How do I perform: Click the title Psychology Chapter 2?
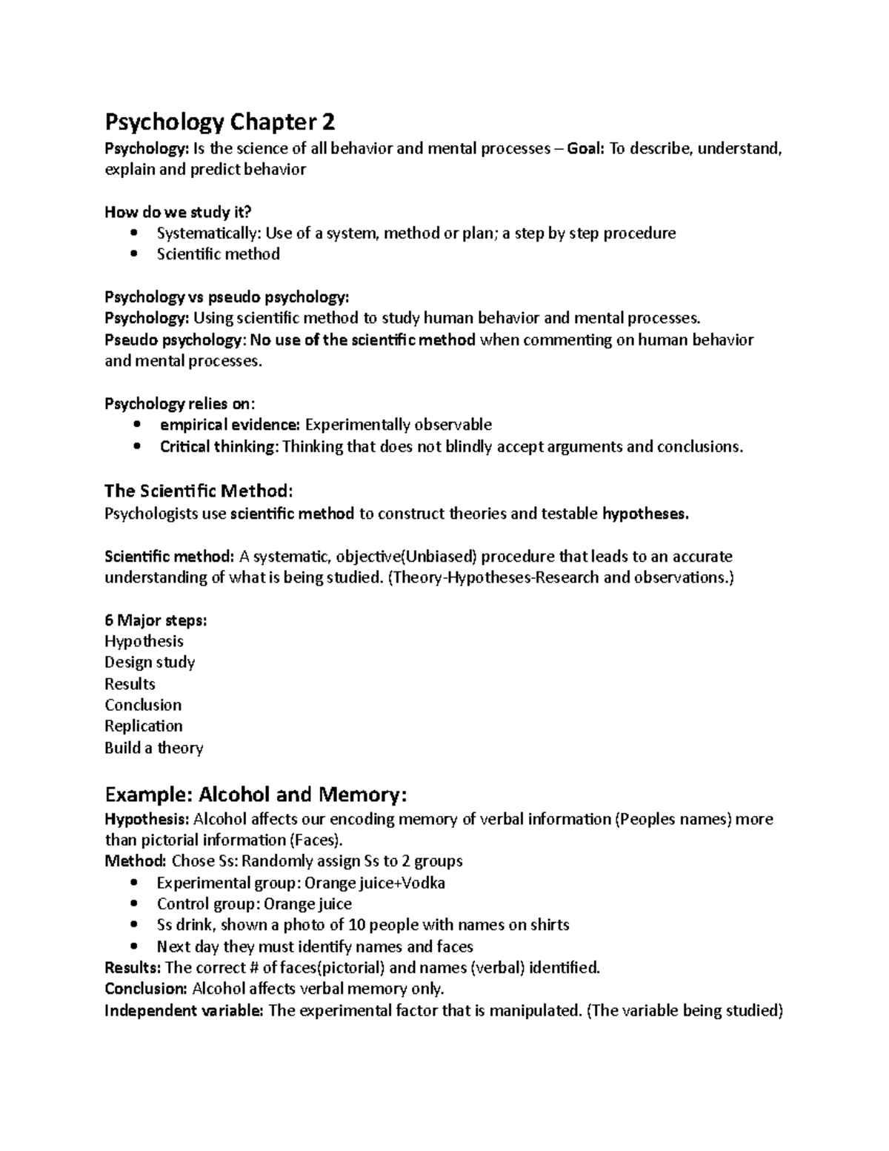click(220, 121)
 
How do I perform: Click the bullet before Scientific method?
click(133, 254)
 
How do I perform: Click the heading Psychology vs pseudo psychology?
click(226, 297)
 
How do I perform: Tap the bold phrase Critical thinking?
click(218, 446)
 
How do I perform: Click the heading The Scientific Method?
click(199, 491)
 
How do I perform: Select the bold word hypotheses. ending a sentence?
click(645, 514)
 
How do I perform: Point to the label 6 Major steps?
click(156, 620)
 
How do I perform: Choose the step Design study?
click(150, 662)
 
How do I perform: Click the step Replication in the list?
click(144, 726)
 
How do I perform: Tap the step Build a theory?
click(154, 747)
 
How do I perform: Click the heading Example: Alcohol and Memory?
click(256, 795)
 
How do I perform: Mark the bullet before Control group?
click(133, 904)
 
